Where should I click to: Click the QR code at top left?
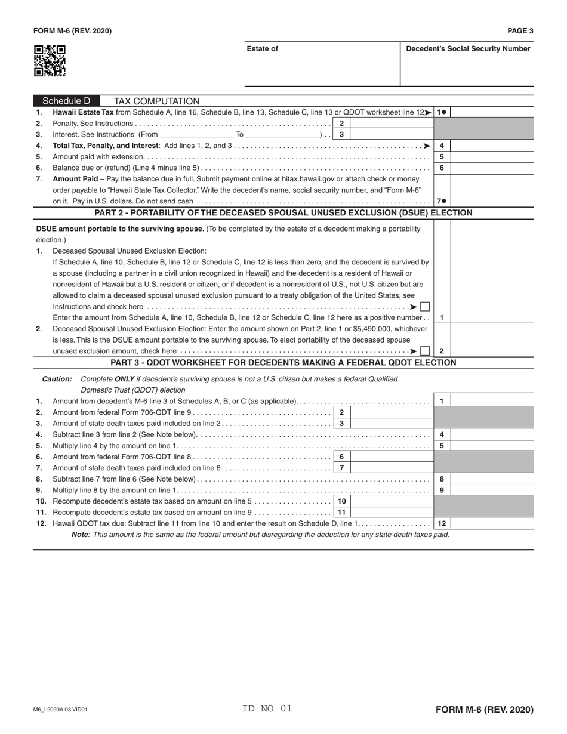(x=50, y=61)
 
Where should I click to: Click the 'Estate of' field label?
(x=262, y=49)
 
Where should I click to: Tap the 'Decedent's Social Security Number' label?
(x=468, y=49)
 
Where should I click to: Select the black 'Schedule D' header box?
(x=66, y=101)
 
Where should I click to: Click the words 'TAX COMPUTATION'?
(x=156, y=101)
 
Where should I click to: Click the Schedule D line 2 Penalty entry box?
(x=391, y=124)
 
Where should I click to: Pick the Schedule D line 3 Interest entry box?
(x=391, y=135)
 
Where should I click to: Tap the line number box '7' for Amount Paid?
(x=442, y=201)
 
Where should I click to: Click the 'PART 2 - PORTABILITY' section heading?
(x=283, y=213)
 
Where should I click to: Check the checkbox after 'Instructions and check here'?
(x=425, y=307)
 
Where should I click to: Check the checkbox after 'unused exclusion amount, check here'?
(x=425, y=351)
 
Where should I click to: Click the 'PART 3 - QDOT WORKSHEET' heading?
(x=283, y=363)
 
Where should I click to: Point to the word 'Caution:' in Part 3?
(x=57, y=380)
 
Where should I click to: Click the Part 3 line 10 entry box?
(x=391, y=501)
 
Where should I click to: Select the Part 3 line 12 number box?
(x=442, y=523)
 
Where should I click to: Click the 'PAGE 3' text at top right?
(x=520, y=31)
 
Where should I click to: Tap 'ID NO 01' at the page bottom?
(x=267, y=709)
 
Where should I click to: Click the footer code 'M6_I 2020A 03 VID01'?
(x=61, y=710)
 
